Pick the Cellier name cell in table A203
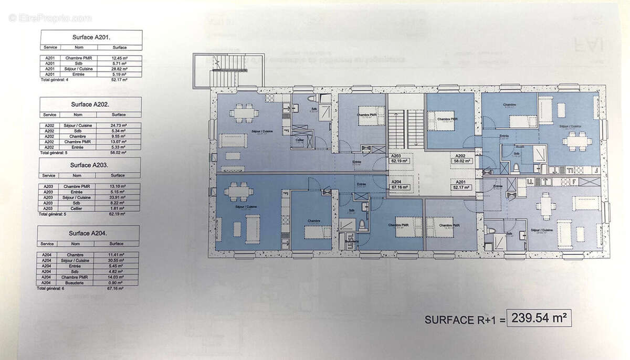pyautogui.click(x=78, y=208)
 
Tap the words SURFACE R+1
pyautogui.click(x=463, y=319)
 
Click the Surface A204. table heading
pyautogui.click(x=90, y=232)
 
